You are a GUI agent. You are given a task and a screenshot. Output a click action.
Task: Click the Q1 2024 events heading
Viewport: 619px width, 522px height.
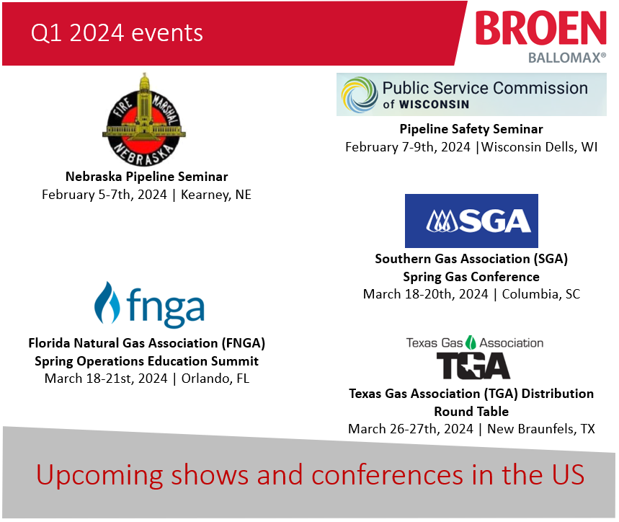117,32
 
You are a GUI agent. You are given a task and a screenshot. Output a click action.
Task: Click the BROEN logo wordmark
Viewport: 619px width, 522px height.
541,27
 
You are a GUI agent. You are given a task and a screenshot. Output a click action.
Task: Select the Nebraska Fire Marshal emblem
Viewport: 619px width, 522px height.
144,120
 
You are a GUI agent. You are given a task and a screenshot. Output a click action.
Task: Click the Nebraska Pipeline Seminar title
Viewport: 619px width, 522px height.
146,177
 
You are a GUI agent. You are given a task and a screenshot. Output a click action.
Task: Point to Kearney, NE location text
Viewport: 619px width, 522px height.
216,195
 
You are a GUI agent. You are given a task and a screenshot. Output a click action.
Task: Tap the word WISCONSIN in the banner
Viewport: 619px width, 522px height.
434,105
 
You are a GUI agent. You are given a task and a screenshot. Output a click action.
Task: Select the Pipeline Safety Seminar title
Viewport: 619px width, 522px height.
471,129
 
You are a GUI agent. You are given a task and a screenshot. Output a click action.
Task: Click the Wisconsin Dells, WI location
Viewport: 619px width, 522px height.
539,147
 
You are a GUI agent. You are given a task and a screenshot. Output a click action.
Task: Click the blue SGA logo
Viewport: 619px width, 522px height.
471,221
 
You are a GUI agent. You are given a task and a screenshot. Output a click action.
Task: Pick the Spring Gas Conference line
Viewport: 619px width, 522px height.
471,277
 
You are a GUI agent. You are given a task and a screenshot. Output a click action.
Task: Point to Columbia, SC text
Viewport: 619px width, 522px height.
541,294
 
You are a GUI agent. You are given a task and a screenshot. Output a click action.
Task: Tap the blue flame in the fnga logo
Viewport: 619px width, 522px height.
107,303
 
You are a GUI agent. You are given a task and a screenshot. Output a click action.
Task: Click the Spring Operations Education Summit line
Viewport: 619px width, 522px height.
146,361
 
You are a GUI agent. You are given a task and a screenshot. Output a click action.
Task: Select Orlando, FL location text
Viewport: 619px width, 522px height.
215,379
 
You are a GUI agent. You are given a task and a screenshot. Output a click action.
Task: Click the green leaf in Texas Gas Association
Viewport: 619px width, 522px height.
471,342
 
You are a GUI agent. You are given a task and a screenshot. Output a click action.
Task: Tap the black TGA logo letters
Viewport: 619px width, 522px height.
473,366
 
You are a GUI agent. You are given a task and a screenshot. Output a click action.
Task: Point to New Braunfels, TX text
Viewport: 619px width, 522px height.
541,429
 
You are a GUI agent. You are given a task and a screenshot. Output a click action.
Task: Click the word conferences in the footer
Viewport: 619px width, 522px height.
387,475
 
